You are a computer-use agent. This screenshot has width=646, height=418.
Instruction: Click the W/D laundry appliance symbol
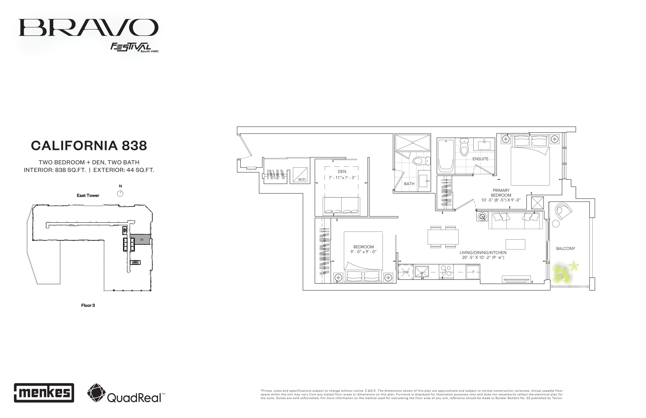click(x=300, y=175)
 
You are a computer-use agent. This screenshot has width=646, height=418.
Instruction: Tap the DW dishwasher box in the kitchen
click(x=405, y=272)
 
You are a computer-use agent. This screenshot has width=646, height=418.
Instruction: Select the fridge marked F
click(x=473, y=272)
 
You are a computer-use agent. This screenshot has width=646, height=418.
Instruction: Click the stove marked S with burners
click(x=446, y=271)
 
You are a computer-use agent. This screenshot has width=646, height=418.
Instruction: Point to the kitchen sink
click(x=421, y=272)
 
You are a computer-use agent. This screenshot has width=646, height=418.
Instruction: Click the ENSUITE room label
click(x=480, y=159)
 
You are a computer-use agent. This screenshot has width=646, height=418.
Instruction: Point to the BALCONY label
click(x=566, y=248)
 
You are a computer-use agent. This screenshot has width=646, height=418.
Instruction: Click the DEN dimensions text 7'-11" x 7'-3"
click(x=342, y=177)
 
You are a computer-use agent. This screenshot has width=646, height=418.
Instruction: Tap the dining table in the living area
click(x=443, y=237)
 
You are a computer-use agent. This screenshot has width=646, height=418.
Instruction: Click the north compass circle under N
click(x=120, y=194)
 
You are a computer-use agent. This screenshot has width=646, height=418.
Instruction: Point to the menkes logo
click(x=44, y=393)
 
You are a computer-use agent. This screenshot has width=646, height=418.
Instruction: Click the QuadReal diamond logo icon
click(x=96, y=393)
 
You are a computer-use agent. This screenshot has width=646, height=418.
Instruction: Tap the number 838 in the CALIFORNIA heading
click(x=134, y=146)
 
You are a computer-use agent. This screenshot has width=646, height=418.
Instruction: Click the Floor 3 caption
click(x=88, y=305)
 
